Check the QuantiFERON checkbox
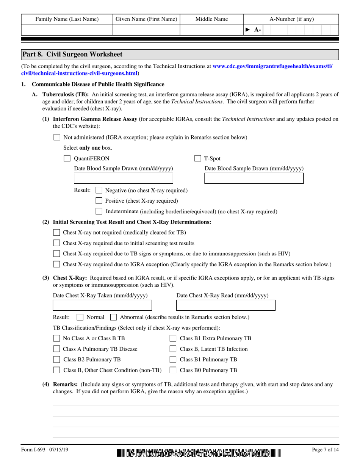(67, 158)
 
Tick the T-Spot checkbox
(197, 158)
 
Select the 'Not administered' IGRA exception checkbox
(56, 137)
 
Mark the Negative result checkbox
(99, 190)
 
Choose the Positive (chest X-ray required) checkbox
(99, 201)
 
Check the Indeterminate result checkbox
(99, 211)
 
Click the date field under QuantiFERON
(123, 178)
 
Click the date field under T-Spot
(254, 178)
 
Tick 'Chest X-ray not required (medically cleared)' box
(56, 232)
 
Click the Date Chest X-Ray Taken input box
(102, 305)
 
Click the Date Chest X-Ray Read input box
(226, 305)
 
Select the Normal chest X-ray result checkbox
(80, 317)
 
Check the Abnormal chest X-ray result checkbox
(113, 317)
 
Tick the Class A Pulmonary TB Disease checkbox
(56, 349)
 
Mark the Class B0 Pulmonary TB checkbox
(173, 370)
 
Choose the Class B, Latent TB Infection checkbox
(173, 349)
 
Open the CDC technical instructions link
(272, 66)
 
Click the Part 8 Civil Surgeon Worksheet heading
(72, 54)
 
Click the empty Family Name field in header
(66, 30)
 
